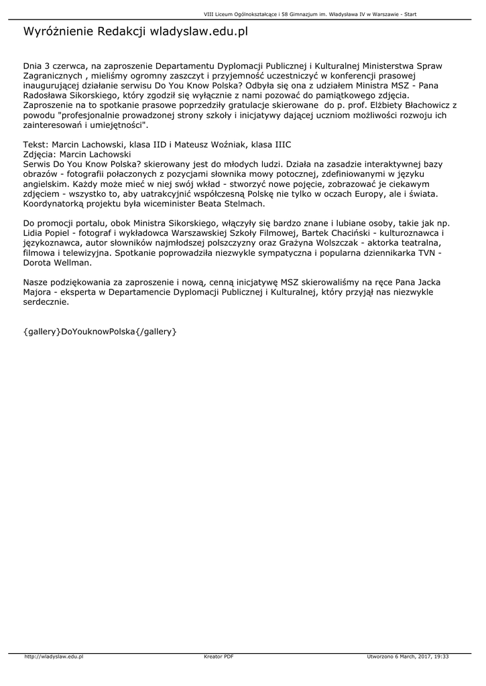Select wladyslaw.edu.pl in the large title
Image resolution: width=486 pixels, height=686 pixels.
click(x=199, y=31)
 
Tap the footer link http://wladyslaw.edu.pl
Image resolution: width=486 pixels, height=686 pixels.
click(x=54, y=657)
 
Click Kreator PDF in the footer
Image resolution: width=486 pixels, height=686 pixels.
click(x=219, y=657)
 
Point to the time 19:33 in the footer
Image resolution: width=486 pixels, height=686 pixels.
click(x=441, y=657)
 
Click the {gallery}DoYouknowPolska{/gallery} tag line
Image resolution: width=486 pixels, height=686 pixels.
click(x=100, y=331)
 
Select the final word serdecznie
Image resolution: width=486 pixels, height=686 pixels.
click(x=45, y=302)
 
